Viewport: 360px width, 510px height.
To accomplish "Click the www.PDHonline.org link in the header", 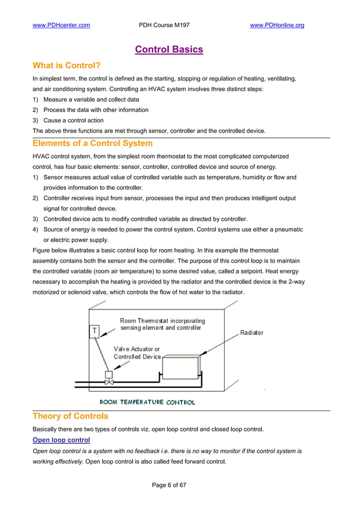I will pyautogui.click(x=276, y=25).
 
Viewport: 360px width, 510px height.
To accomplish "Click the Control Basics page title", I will pyautogui.click(x=169, y=50).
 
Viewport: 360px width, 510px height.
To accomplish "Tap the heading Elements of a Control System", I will pyautogui.click(x=93, y=143).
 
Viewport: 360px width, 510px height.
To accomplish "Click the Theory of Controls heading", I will pyautogui.click(x=70, y=416).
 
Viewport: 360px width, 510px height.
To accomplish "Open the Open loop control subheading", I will pyautogui.click(x=61, y=439).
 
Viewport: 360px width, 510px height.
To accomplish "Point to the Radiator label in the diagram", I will pyautogui.click(x=252, y=333).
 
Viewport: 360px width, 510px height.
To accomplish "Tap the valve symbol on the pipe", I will pyautogui.click(x=109, y=382).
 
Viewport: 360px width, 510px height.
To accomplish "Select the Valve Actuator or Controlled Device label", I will pyautogui.click(x=137, y=353).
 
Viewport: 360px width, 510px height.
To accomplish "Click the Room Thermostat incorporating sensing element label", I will pyautogui.click(x=163, y=324).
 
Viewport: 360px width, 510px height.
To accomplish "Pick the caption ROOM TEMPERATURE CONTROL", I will pyautogui.click(x=147, y=403).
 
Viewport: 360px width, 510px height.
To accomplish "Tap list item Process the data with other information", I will pyautogui.click(x=96, y=110).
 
